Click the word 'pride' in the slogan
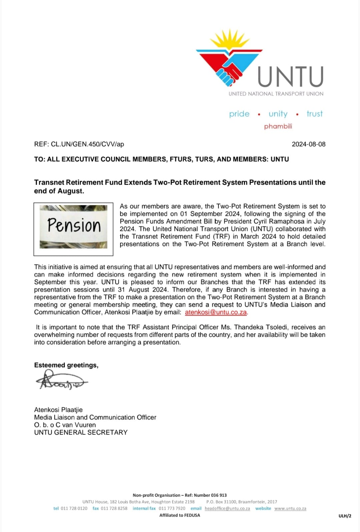(239, 114)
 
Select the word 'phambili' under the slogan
(278, 126)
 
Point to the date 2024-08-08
(308, 144)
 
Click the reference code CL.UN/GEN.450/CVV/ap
(87, 144)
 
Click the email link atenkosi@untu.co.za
(216, 312)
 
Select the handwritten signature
(62, 381)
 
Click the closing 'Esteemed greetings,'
(66, 365)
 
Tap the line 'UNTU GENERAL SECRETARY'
(81, 432)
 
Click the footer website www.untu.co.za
(290, 508)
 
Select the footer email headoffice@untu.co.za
(227, 508)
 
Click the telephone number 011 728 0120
(74, 508)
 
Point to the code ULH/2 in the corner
(345, 516)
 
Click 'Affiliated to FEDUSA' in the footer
(180, 515)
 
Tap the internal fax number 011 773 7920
(172, 508)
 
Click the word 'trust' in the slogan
(314, 114)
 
